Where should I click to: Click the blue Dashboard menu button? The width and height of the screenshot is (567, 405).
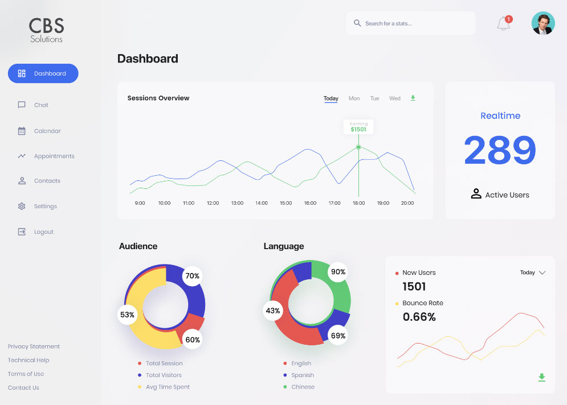coord(43,73)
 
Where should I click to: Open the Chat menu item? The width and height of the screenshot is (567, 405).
coord(41,105)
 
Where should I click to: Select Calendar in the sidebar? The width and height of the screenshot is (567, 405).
coord(47,131)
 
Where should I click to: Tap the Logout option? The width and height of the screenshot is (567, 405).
coord(43,232)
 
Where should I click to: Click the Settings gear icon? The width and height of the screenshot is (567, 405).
coord(22,206)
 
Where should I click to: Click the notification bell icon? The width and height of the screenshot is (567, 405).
coord(503,24)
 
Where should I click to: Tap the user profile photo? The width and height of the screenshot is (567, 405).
coord(542,23)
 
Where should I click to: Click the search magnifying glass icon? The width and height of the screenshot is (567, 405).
coord(357,23)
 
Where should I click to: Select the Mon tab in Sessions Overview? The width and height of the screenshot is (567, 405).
coord(354,98)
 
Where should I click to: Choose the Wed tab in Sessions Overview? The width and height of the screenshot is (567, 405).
coord(395,98)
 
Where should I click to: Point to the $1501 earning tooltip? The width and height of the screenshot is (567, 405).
coord(358,127)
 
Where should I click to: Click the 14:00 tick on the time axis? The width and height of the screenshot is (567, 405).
coord(262,203)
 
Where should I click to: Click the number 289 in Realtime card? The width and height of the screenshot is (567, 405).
coord(500,151)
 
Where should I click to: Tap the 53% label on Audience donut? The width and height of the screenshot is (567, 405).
coord(127,315)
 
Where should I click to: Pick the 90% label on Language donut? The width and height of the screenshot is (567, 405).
coord(338,272)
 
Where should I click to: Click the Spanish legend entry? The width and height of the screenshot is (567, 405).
coord(302,375)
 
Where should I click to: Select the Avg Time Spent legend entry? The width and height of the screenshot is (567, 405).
coord(167,387)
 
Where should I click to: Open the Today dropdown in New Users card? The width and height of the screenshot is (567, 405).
coord(533,272)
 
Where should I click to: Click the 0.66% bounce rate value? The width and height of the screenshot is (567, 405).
coord(419,317)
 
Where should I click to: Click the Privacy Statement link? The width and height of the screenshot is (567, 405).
coord(34,346)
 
